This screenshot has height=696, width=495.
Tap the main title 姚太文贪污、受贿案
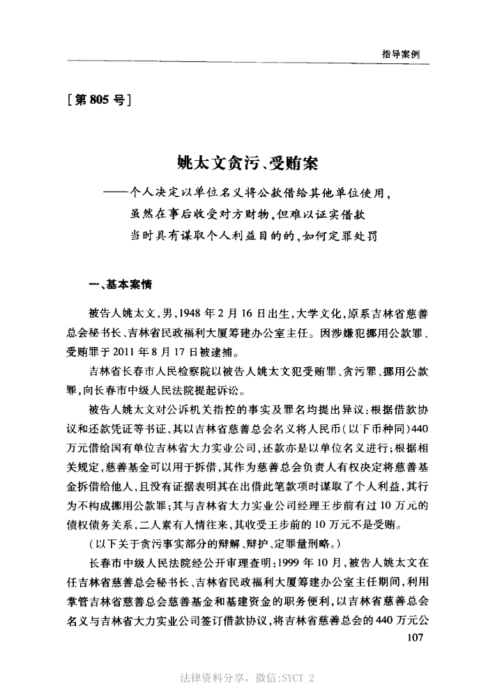(247, 165)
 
